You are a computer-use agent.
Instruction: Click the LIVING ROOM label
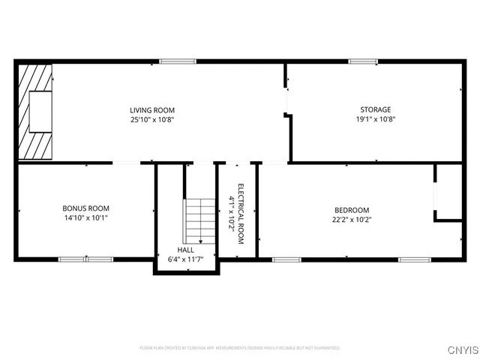tap(152, 110)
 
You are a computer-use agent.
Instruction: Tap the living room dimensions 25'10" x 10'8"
tap(152, 119)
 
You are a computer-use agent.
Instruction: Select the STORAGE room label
tap(375, 110)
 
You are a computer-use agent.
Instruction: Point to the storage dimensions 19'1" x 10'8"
tap(375, 119)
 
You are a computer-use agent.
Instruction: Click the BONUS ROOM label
tap(86, 208)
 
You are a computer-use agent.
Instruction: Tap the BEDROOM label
tap(352, 210)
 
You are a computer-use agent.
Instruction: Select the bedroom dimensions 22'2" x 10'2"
tap(352, 220)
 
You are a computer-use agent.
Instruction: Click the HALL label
tap(186, 250)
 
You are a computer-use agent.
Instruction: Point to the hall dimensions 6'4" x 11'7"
tap(186, 259)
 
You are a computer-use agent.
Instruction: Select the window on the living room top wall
tap(172, 61)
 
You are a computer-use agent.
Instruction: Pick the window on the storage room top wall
tap(363, 61)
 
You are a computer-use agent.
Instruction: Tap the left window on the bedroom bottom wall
tap(286, 259)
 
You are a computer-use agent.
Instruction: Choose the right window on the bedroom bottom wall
tap(412, 259)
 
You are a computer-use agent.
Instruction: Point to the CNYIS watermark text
tap(463, 349)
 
